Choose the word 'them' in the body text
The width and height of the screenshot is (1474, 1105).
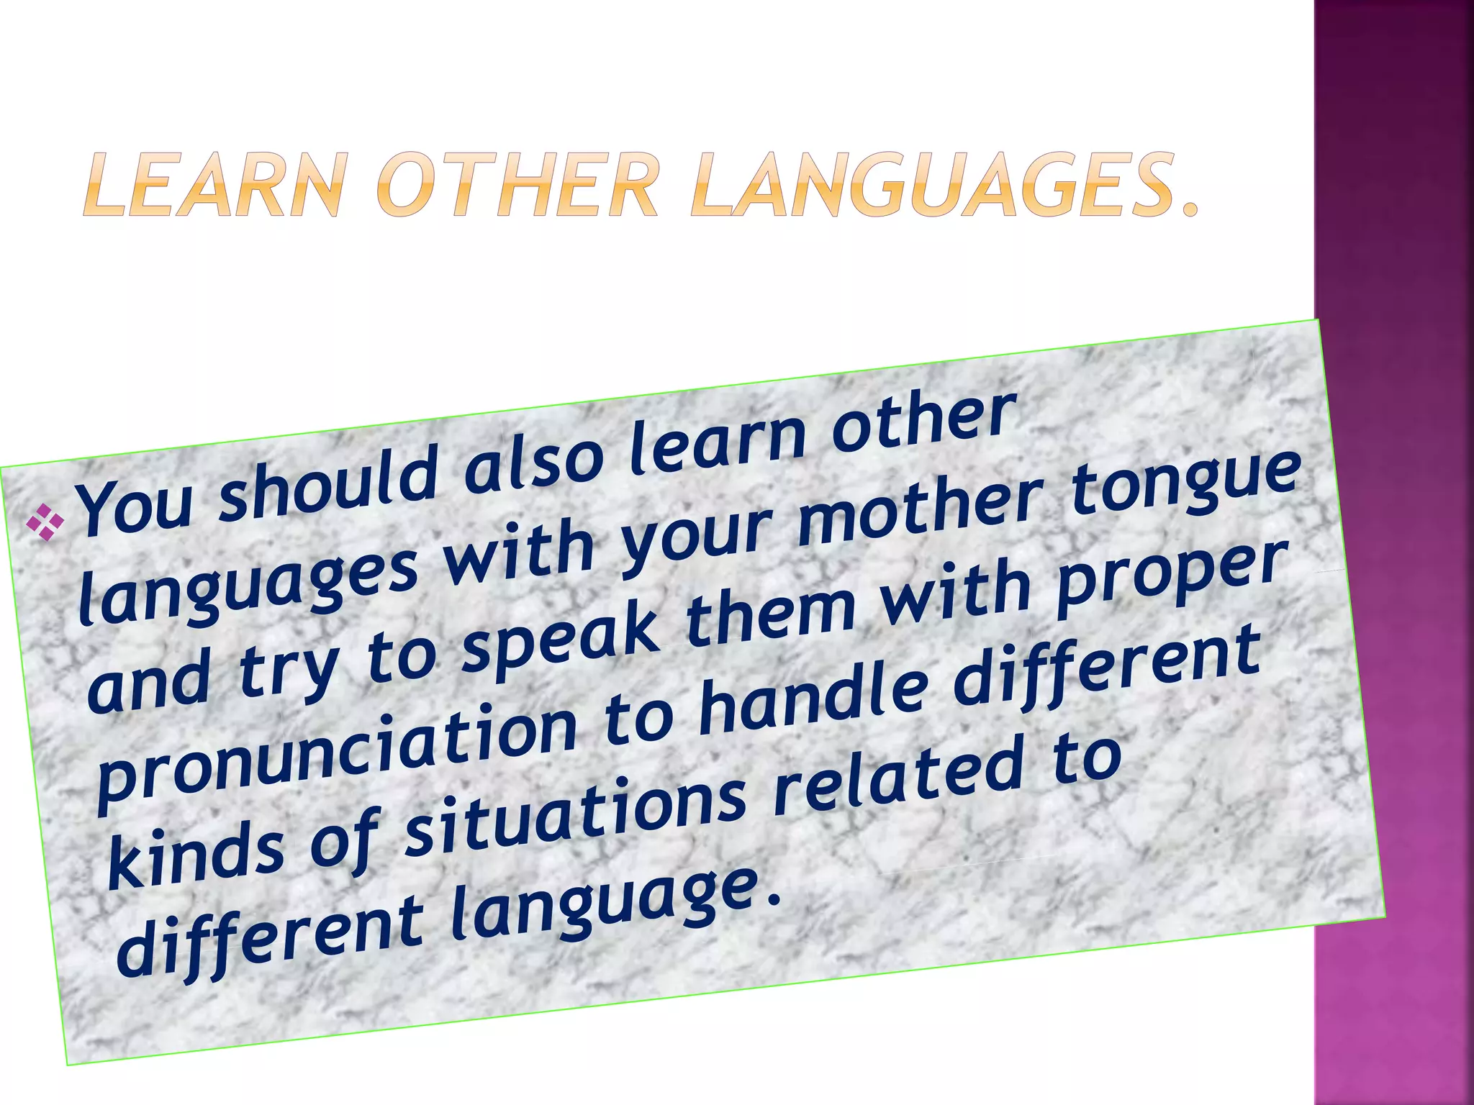770,608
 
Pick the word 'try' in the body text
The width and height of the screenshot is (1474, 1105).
288,673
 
